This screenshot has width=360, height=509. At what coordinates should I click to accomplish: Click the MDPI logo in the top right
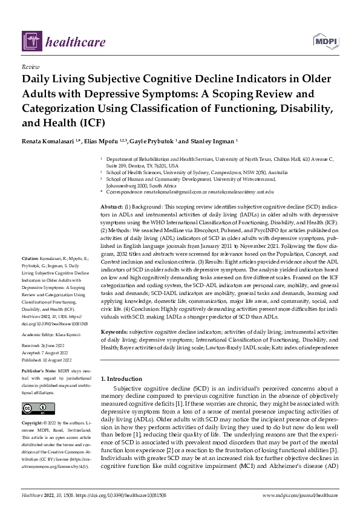click(x=325, y=41)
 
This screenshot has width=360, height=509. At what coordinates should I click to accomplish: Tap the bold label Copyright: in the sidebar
click(x=33, y=423)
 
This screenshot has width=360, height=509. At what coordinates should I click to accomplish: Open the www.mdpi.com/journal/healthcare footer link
click(x=300, y=495)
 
